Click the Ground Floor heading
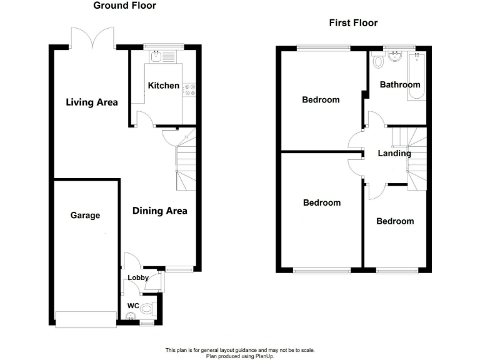pyautogui.click(x=125, y=6)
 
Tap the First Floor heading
pyautogui.click(x=353, y=23)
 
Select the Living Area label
pyautogui.click(x=92, y=102)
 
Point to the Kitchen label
pyautogui.click(x=164, y=86)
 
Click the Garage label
pyautogui.click(x=85, y=215)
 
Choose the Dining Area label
pyautogui.click(x=159, y=211)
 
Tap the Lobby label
pyautogui.click(x=137, y=277)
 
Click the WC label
pyautogui.click(x=132, y=306)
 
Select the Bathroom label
pyautogui.click(x=400, y=84)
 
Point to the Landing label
pyautogui.click(x=394, y=153)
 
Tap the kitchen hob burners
pyautogui.click(x=189, y=90)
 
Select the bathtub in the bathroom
pyautogui.click(x=416, y=77)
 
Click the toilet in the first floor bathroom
pyautogui.click(x=377, y=62)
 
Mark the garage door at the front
pyautogui.click(x=86, y=319)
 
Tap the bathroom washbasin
pyautogui.click(x=394, y=58)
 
